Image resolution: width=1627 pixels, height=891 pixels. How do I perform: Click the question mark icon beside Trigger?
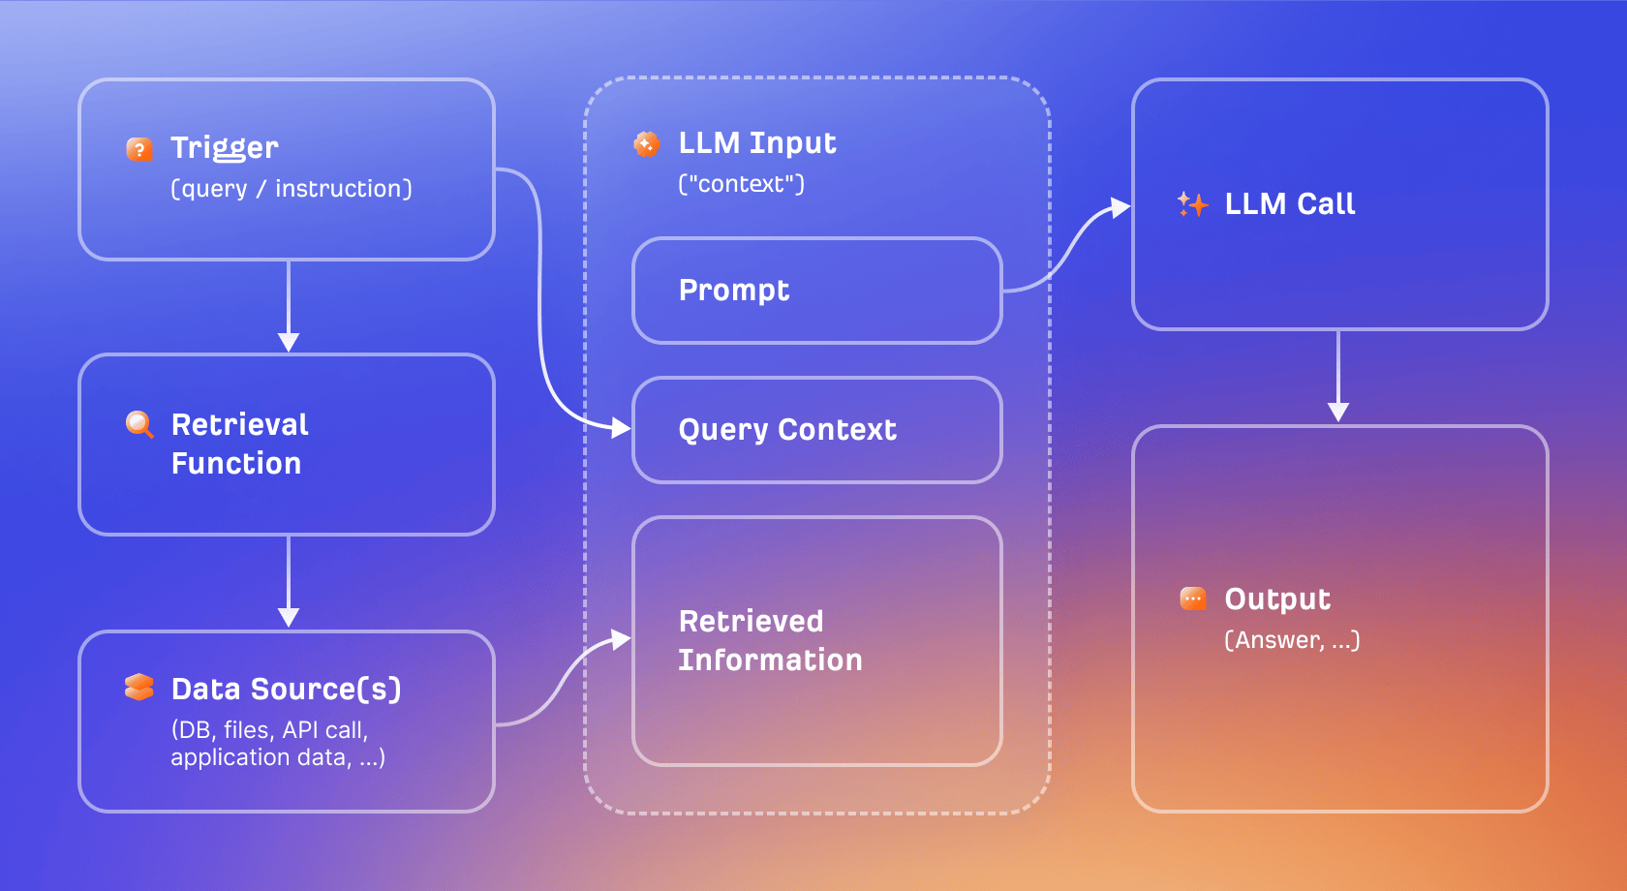tap(139, 149)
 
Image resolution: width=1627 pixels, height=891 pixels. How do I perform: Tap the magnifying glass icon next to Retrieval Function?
tap(139, 424)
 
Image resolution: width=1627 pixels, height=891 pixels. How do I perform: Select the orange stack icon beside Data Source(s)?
tap(139, 687)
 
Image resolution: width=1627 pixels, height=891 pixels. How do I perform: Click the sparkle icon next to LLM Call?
tap(1192, 204)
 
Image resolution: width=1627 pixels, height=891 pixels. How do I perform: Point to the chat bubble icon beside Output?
tap(1192, 599)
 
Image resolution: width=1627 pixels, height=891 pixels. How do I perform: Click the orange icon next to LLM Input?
tap(646, 144)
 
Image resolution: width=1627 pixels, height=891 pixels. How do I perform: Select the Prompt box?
tap(816, 291)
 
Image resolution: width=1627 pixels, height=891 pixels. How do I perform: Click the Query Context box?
tap(816, 430)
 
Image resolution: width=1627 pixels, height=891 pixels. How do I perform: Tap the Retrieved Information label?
tap(770, 640)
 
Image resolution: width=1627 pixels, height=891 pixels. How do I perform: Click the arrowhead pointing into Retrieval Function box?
tap(289, 342)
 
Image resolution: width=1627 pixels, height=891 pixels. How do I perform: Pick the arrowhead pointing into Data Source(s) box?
tap(289, 617)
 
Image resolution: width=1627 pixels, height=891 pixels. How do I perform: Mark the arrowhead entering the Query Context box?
tap(620, 427)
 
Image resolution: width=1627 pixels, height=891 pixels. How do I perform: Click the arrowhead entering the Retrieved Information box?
tap(620, 639)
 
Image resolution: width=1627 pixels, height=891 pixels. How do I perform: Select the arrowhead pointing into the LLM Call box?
tap(1120, 207)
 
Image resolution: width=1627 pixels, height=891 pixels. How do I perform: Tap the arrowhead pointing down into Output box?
tap(1338, 412)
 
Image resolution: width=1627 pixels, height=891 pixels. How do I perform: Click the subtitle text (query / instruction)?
tap(292, 189)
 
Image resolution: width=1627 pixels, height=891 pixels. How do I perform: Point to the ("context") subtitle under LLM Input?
tap(741, 184)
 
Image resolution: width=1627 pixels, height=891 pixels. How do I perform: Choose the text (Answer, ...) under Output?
tap(1292, 640)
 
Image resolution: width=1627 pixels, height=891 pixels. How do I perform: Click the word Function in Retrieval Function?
tap(236, 464)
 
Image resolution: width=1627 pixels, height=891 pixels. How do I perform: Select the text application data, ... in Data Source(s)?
tap(278, 757)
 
